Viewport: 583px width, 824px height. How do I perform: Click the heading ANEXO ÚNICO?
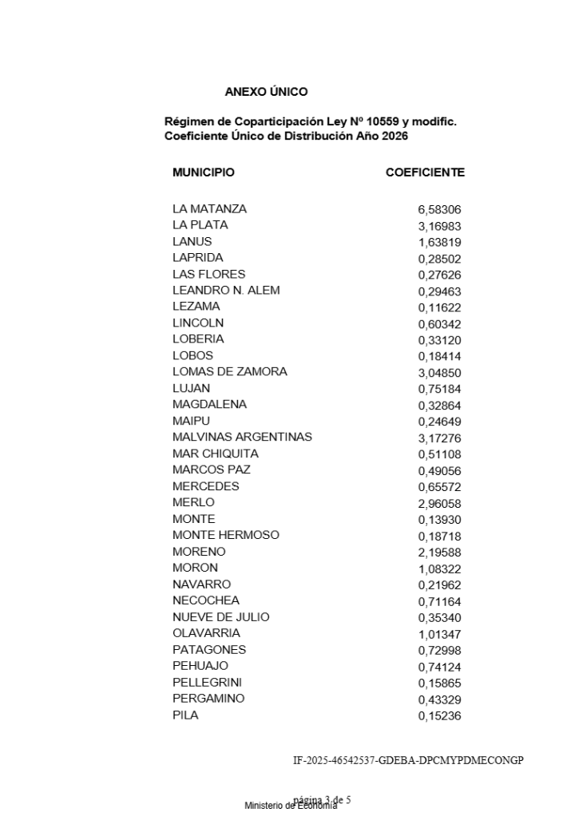click(266, 92)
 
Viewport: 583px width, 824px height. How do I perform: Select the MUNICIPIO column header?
click(203, 172)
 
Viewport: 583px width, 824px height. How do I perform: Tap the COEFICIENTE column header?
click(425, 172)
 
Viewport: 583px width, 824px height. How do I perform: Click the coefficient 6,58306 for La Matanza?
click(439, 210)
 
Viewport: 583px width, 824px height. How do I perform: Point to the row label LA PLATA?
click(200, 225)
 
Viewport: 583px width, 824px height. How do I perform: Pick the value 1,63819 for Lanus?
click(439, 243)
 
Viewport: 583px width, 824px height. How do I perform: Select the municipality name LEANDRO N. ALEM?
click(226, 291)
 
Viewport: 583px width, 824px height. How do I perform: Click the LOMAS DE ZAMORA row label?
click(229, 372)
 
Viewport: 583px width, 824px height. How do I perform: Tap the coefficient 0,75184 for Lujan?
click(439, 389)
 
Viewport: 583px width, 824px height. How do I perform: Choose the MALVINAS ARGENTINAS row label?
click(242, 438)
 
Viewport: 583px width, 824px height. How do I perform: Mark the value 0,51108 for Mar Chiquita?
click(439, 454)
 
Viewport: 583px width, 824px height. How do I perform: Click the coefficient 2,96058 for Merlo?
click(439, 504)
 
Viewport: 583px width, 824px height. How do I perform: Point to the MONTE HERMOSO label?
click(225, 535)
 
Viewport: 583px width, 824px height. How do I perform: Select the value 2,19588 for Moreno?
click(439, 553)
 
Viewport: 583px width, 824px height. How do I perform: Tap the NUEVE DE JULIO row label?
click(220, 617)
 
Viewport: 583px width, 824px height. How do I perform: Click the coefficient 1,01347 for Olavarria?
click(439, 634)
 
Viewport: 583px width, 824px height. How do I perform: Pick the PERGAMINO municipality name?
click(208, 699)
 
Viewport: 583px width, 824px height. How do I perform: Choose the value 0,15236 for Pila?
click(439, 716)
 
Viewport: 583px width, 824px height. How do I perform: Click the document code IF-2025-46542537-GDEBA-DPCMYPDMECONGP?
click(407, 759)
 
